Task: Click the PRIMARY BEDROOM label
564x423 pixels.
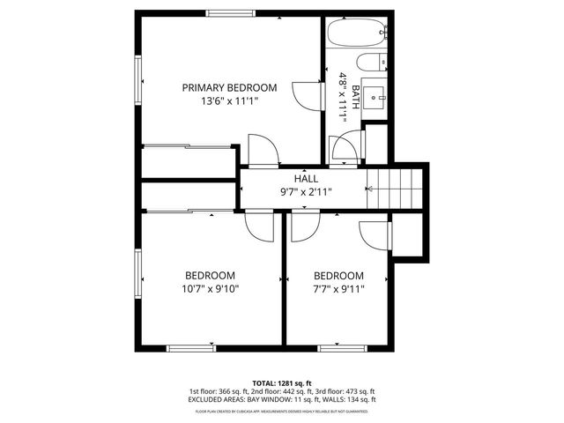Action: (229, 87)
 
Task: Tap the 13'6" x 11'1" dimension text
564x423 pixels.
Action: (229, 101)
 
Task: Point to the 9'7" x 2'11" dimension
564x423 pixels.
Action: (306, 192)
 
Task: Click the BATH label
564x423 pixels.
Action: (355, 92)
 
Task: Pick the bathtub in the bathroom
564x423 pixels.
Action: (356, 34)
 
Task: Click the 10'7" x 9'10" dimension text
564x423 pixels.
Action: (210, 288)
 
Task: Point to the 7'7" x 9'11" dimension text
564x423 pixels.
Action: (338, 288)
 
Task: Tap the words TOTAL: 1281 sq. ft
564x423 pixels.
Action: (281, 383)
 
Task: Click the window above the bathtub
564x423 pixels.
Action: (356, 16)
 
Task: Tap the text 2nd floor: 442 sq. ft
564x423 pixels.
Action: (281, 391)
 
